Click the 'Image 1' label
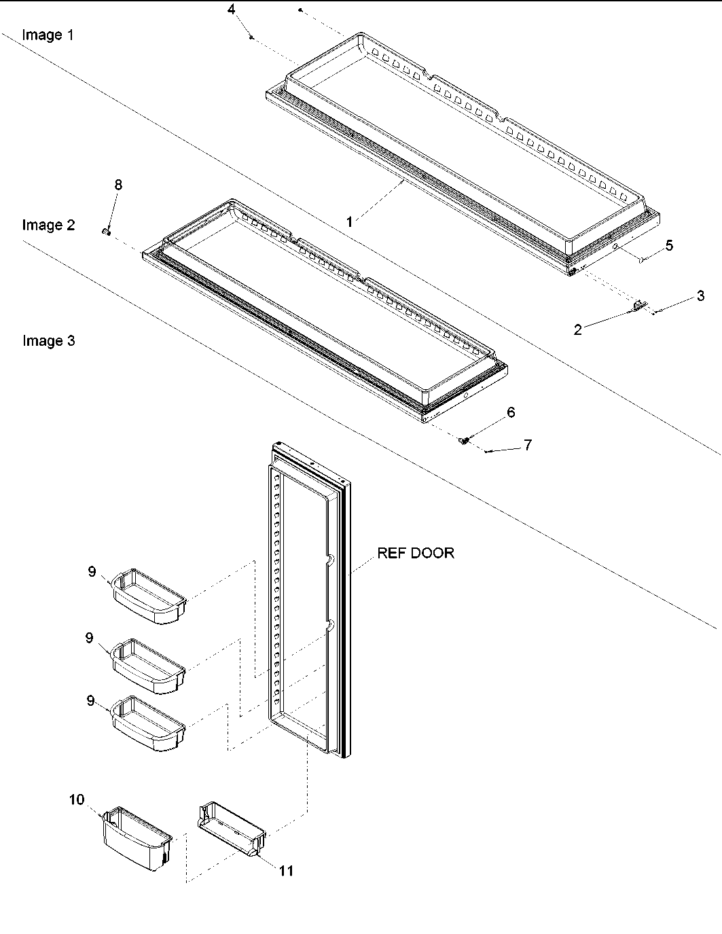click(x=48, y=35)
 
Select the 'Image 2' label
click(x=48, y=225)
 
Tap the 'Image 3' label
click(x=48, y=340)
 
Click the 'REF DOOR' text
click(x=416, y=553)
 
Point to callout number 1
click(x=349, y=221)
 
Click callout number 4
click(x=232, y=10)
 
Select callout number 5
click(x=669, y=245)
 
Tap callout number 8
click(x=118, y=185)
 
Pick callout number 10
click(x=77, y=800)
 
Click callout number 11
click(x=287, y=870)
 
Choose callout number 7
click(x=527, y=445)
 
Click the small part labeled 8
click(x=107, y=232)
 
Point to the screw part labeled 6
click(x=465, y=440)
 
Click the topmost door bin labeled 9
click(x=149, y=596)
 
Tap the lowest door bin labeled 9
click(x=149, y=723)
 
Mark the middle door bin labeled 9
click(x=149, y=666)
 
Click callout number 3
click(x=700, y=295)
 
